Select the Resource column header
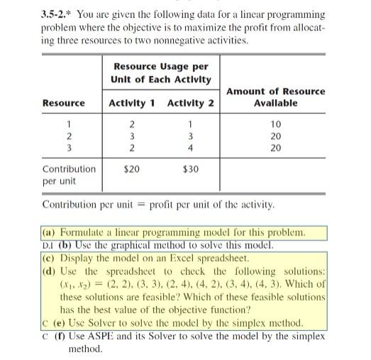(64, 103)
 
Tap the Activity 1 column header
(132, 103)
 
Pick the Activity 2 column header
(191, 103)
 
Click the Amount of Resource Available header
(276, 97)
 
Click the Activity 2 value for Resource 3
(191, 148)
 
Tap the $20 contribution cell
(132, 169)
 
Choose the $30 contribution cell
(191, 169)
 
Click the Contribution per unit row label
(69, 175)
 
